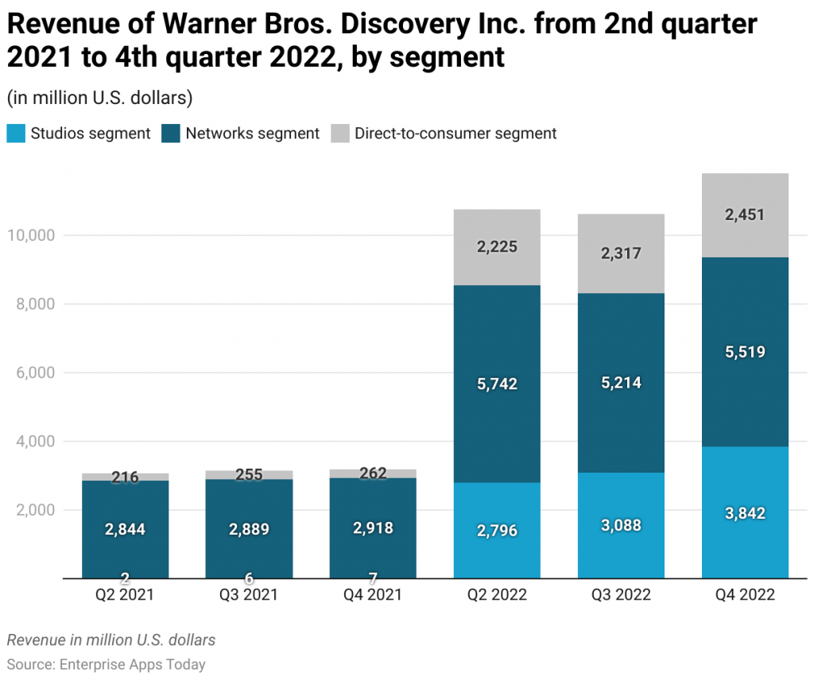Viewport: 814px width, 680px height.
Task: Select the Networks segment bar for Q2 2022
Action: (497, 342)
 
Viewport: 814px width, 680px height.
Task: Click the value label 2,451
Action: (745, 214)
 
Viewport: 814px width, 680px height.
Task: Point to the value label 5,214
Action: (621, 383)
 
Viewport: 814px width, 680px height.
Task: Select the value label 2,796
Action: (497, 530)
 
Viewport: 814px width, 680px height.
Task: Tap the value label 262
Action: (373, 473)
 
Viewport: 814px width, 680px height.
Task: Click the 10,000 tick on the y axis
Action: (33, 236)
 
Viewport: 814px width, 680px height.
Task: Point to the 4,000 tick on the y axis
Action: (35, 441)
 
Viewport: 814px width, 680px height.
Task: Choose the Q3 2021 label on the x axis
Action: (249, 595)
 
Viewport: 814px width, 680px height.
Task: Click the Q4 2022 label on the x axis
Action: (745, 595)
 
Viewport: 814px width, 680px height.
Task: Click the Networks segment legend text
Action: (252, 133)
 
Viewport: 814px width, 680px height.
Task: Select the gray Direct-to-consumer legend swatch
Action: (340, 133)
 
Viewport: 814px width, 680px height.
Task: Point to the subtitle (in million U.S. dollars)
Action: (99, 99)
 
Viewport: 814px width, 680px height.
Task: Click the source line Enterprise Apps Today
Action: (106, 664)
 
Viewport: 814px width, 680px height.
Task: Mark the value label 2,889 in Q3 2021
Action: (249, 529)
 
